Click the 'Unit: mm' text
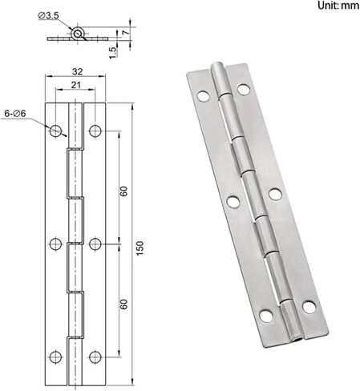(338, 6)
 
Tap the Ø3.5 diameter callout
(48, 16)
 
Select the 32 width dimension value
(77, 71)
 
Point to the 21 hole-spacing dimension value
(75, 85)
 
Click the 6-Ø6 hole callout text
(15, 114)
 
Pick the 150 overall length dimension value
(140, 248)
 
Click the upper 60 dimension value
(123, 191)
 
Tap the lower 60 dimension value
(123, 304)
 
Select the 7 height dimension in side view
(126, 32)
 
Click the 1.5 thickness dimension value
(113, 53)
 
